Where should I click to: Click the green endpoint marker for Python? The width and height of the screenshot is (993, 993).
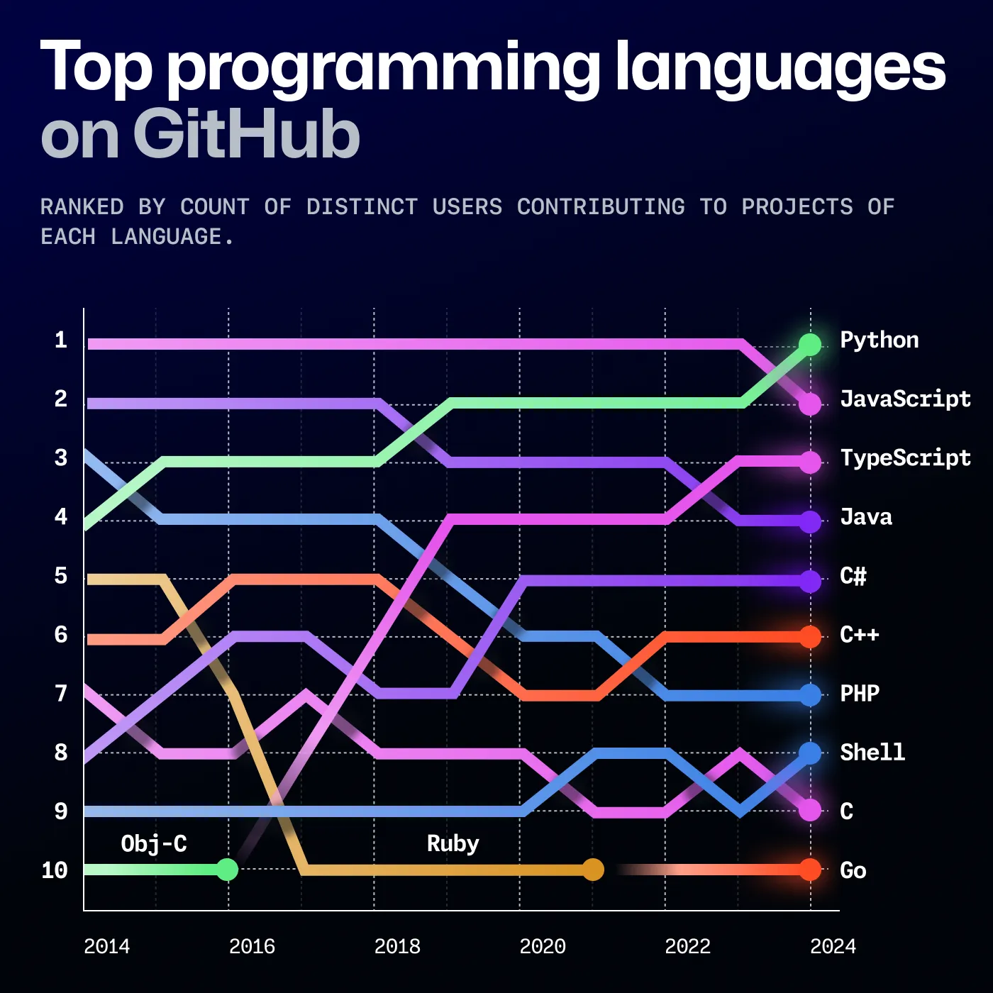point(809,345)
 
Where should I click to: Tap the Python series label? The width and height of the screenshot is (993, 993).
point(879,340)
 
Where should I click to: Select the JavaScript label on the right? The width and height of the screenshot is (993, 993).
point(905,399)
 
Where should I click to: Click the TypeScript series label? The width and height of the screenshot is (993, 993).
point(905,458)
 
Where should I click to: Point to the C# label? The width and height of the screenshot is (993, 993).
point(853,576)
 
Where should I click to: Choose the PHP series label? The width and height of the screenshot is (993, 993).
point(860,693)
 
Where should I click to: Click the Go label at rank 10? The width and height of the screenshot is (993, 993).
point(853,870)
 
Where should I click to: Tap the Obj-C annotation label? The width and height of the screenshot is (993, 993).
point(154,844)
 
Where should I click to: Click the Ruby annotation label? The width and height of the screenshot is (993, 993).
point(453,844)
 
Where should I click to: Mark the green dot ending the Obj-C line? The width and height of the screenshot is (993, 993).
point(227,870)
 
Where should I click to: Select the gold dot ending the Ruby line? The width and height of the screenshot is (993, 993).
point(593,870)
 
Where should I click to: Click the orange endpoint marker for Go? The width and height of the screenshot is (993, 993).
point(809,870)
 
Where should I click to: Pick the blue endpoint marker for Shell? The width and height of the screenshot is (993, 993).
point(809,753)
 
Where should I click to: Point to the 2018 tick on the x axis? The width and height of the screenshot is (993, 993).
point(397,946)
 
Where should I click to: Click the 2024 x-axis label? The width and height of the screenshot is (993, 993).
point(833,946)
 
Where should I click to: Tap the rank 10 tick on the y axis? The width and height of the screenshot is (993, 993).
point(55,870)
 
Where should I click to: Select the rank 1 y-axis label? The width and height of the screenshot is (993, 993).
point(61,340)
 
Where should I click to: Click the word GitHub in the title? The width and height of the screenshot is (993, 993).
point(246,135)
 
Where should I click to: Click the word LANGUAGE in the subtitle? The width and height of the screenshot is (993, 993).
point(166,237)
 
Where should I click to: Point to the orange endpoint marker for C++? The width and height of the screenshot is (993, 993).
point(809,637)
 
